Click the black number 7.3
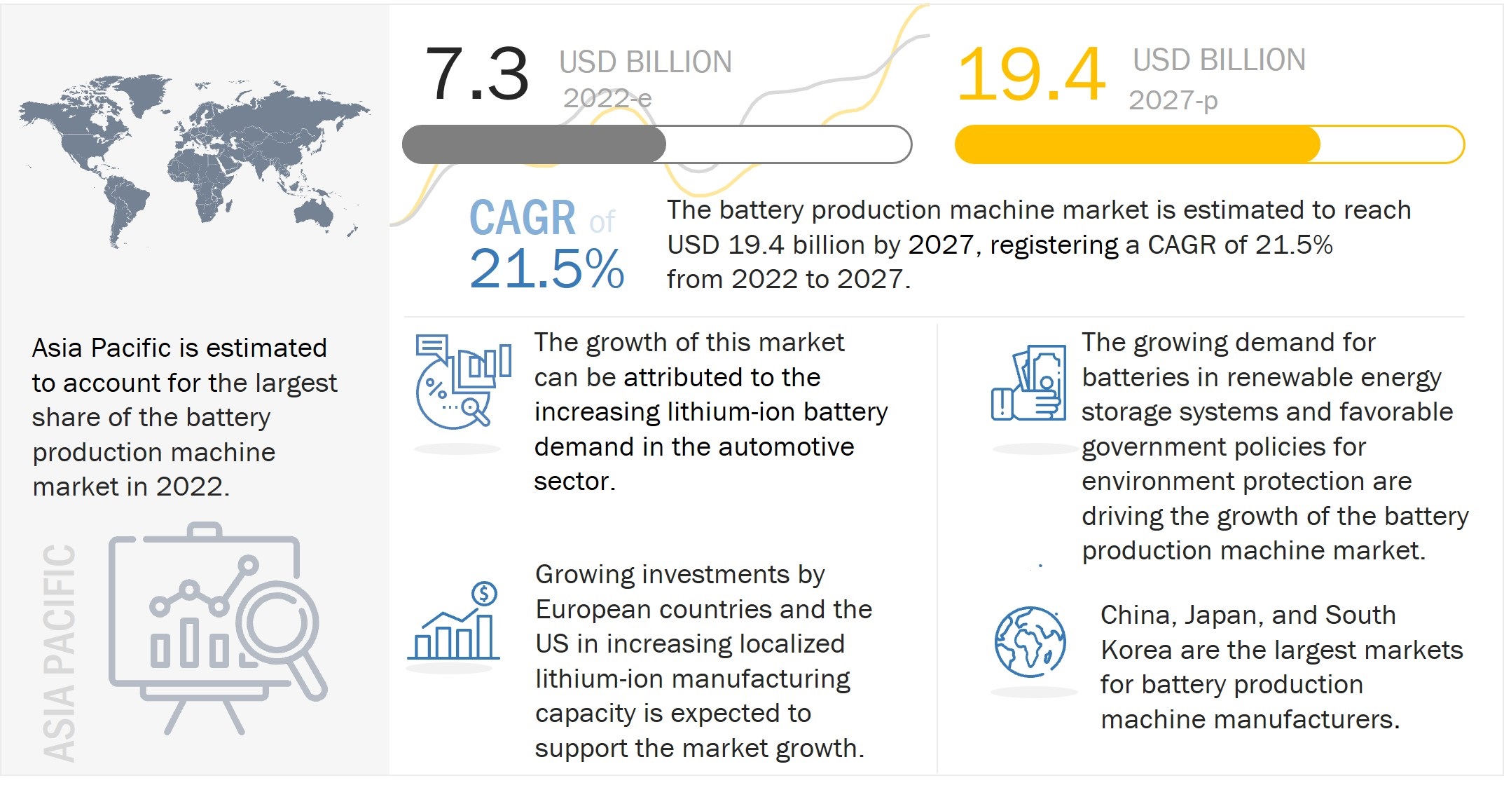tap(476, 74)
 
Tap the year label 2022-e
tap(607, 99)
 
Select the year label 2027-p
tap(1173, 101)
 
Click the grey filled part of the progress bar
tap(534, 145)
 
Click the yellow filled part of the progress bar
tap(1136, 145)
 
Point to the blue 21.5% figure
tap(546, 268)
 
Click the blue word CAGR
tap(522, 218)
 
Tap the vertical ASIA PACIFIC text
tap(59, 652)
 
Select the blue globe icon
tap(1030, 641)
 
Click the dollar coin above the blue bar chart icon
tap(484, 594)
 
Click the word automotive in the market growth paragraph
tap(787, 447)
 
